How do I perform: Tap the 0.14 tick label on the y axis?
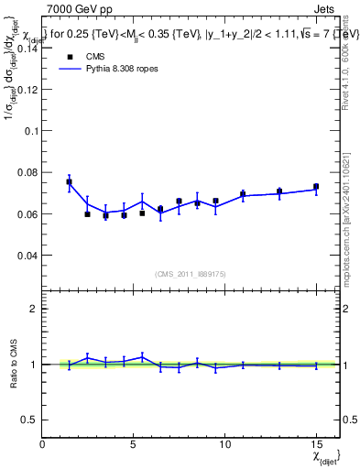point(27,49)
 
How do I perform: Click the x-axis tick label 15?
point(316,443)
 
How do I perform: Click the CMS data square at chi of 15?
point(316,187)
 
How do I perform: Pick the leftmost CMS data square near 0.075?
point(69,181)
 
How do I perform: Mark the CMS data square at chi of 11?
point(243,194)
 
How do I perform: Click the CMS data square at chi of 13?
point(279,191)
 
